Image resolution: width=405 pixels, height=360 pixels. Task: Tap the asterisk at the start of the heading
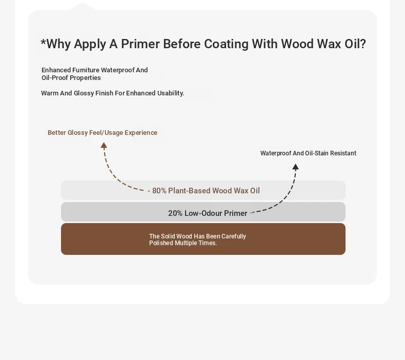[x=43, y=42]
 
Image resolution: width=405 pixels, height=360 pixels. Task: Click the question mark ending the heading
[x=362, y=44]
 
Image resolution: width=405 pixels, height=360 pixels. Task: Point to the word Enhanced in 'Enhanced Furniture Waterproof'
[x=56, y=70]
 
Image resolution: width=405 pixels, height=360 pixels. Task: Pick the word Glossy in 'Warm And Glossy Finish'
[x=84, y=93]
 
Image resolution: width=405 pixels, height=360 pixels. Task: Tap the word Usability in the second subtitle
[x=171, y=93]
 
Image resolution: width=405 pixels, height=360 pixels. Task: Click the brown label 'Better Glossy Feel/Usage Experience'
[x=103, y=133]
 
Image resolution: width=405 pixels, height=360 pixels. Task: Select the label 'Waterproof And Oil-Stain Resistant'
[x=308, y=153]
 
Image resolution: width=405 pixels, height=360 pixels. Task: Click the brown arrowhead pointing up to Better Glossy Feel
[x=104, y=145]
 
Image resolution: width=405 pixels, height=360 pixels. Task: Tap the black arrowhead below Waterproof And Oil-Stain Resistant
[x=295, y=167]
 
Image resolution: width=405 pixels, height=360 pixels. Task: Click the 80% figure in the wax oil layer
[x=159, y=191]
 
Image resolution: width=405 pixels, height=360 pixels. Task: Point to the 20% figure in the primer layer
[x=175, y=213]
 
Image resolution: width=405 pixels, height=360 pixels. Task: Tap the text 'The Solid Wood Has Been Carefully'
[x=197, y=236]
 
